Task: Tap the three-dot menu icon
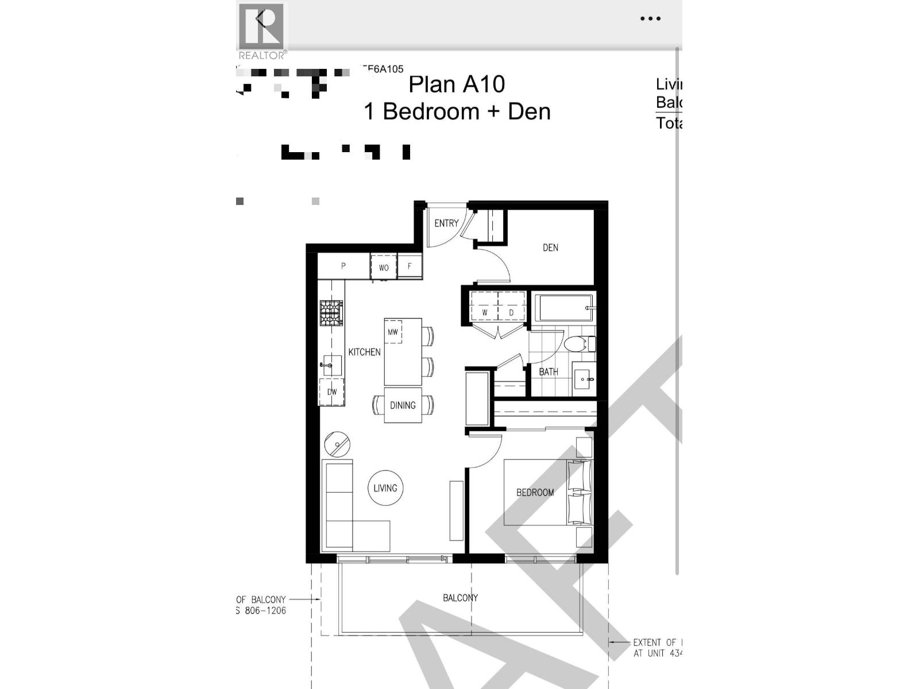point(650,19)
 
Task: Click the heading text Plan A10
point(457,84)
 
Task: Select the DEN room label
point(550,247)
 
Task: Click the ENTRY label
point(446,223)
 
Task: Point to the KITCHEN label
point(364,352)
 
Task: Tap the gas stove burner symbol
point(331,313)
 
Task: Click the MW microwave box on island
point(393,332)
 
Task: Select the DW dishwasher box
point(332,392)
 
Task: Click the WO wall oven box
point(383,268)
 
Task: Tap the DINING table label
point(403,405)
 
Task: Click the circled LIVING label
point(385,488)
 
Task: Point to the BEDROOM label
point(535,493)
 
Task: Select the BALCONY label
point(460,598)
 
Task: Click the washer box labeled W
point(485,312)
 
